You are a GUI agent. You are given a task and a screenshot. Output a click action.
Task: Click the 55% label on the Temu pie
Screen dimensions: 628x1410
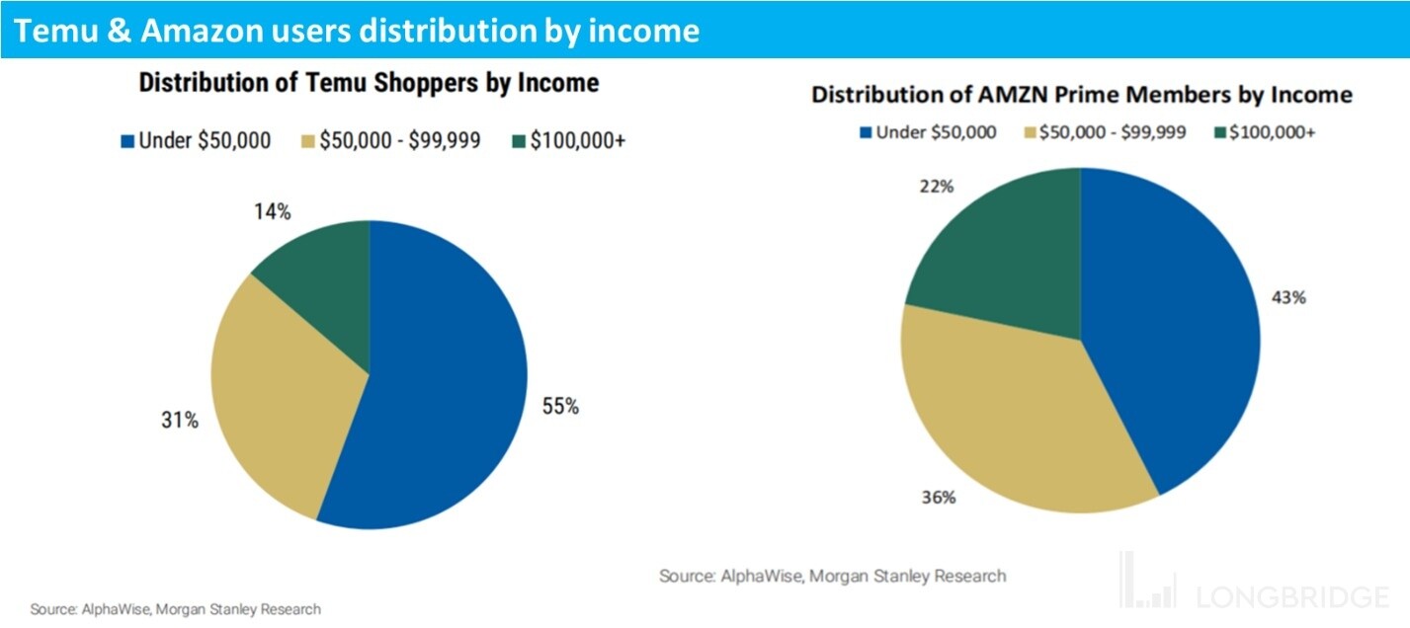click(559, 406)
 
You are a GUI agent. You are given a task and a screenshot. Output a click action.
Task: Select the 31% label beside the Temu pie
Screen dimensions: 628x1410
click(179, 420)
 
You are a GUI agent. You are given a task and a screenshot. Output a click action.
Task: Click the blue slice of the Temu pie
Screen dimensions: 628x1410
click(445, 375)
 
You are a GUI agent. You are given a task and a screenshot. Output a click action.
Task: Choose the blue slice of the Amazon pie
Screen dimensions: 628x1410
click(1176, 326)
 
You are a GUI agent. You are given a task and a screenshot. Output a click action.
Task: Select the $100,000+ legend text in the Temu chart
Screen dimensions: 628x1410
click(577, 141)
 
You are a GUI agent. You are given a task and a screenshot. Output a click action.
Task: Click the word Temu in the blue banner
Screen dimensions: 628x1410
click(58, 31)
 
